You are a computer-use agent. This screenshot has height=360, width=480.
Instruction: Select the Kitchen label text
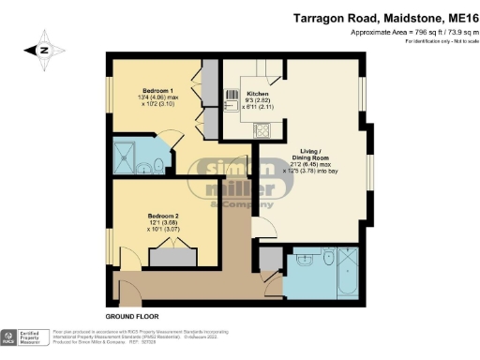(258, 95)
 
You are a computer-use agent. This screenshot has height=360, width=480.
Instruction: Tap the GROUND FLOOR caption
(133, 316)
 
